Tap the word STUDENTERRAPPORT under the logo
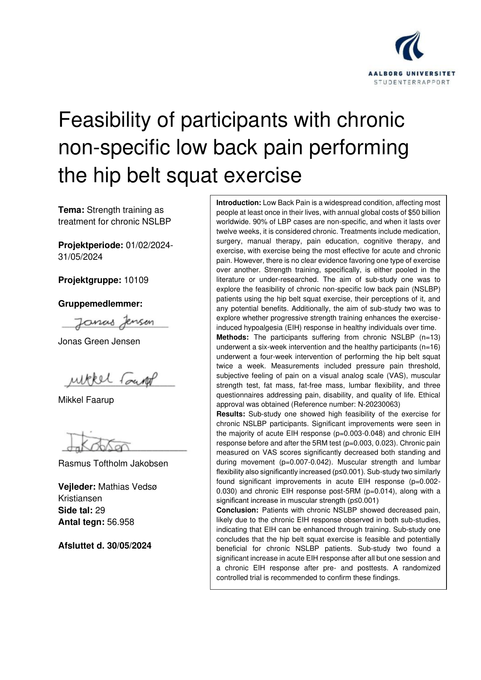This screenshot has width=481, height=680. pos(411,82)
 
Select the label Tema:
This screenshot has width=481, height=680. pos(71,210)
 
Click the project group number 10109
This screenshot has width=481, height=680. pos(136,280)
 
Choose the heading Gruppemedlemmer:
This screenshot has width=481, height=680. pos(100,304)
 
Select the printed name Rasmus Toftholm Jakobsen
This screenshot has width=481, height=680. pos(113,463)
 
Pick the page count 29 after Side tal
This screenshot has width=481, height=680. pos(100,510)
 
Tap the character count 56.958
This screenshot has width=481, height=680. pos(121,522)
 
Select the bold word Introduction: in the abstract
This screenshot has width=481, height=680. pos(239,203)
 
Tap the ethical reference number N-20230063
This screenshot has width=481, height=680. pos(382,404)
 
